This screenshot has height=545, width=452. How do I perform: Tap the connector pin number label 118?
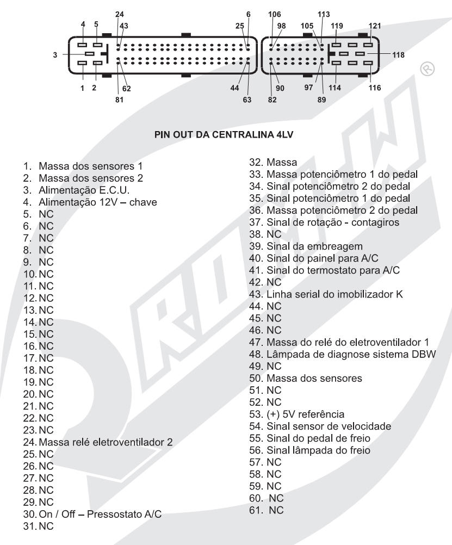pyautogui.click(x=398, y=54)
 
